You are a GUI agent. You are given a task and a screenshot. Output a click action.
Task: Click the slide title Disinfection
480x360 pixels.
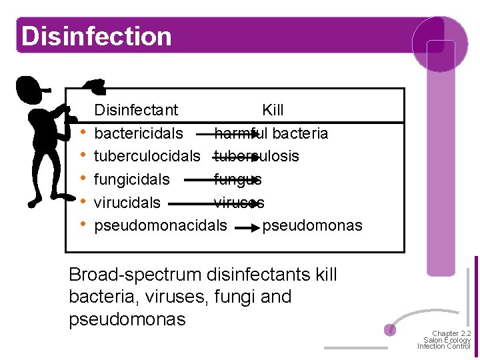[96, 36]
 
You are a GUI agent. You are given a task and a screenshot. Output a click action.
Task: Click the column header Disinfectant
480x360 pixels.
[136, 110]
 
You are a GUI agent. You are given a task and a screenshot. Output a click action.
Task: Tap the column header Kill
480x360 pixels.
[273, 110]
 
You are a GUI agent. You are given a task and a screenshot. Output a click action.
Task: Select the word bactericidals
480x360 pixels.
[139, 133]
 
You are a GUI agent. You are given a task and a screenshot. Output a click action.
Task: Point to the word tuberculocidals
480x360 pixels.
[147, 157]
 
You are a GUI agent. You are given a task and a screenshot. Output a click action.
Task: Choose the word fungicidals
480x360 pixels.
[132, 179]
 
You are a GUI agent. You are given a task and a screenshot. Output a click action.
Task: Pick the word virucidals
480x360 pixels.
[127, 203]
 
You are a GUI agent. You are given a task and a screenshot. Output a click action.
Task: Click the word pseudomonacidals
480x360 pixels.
[161, 225]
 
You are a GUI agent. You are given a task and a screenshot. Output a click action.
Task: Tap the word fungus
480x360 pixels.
[238, 179]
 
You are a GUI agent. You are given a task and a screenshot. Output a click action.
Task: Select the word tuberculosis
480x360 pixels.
[257, 157]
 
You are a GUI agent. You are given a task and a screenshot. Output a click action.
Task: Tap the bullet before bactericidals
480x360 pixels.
[81, 133]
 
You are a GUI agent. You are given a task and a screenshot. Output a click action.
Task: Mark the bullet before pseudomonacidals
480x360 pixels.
[81, 225]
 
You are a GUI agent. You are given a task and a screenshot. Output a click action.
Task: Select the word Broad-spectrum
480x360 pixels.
[135, 275]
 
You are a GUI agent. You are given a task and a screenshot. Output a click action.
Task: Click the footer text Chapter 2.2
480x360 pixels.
[452, 333]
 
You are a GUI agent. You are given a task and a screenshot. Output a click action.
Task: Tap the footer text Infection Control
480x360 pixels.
[443, 347]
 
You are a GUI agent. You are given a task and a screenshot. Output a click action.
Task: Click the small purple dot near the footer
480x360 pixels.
[391, 330]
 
